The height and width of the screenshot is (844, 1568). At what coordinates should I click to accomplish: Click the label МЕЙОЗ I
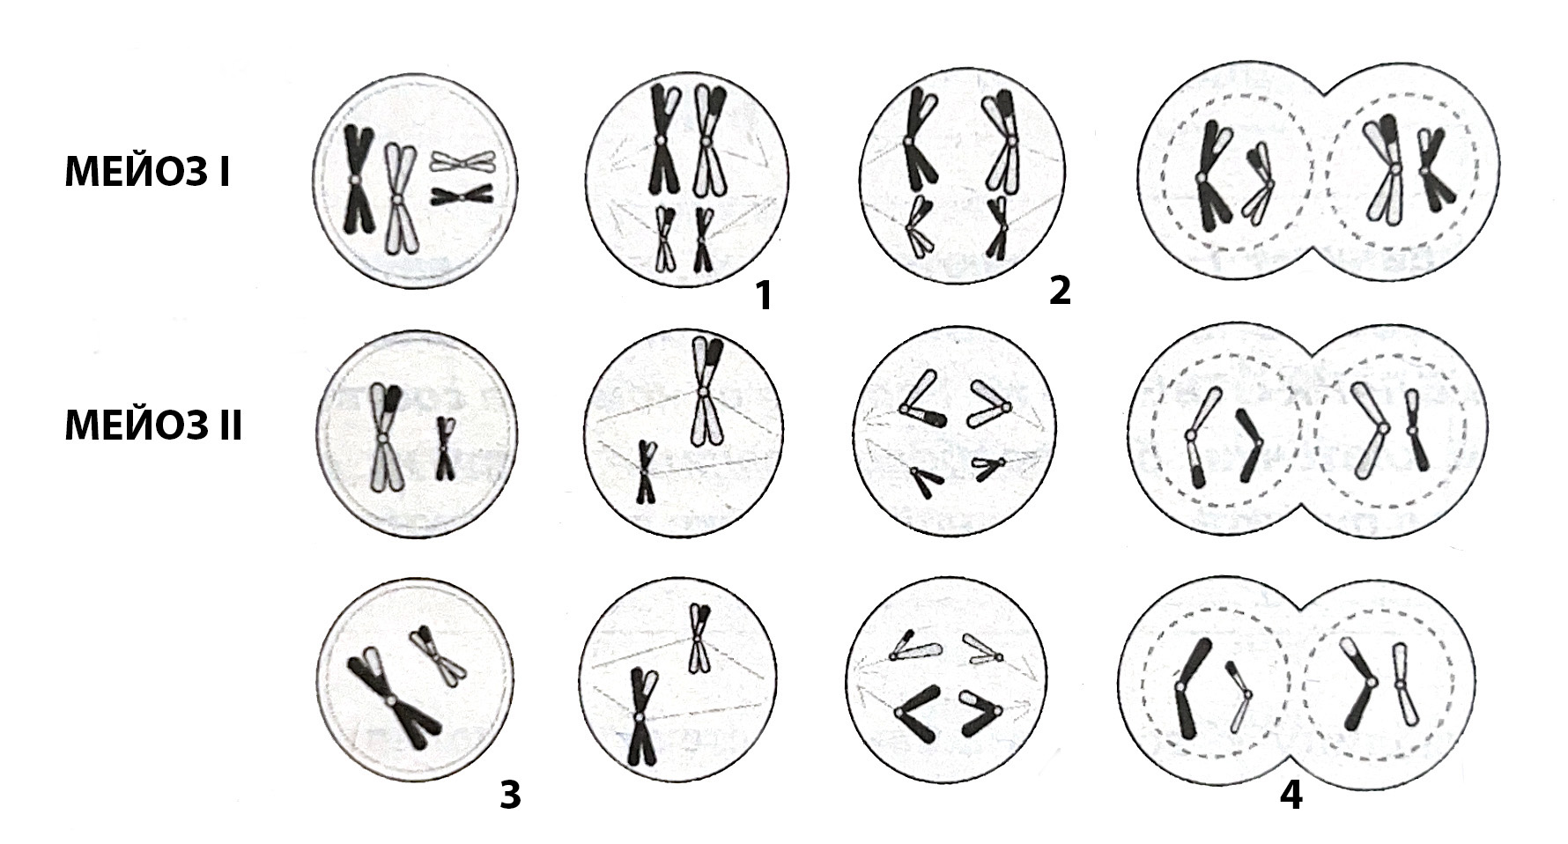pyautogui.click(x=147, y=174)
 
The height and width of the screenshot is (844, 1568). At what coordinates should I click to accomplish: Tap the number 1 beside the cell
pyautogui.click(x=763, y=296)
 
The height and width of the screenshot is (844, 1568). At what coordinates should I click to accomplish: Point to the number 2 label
pyautogui.click(x=1060, y=290)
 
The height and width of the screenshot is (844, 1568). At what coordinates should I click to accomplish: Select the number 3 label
pyautogui.click(x=510, y=795)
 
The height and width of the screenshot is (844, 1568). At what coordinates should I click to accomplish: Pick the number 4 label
pyautogui.click(x=1291, y=796)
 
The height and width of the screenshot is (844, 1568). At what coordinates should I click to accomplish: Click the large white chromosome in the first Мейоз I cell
pyautogui.click(x=399, y=200)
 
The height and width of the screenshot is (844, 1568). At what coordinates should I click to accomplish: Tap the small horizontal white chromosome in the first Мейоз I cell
pyautogui.click(x=462, y=161)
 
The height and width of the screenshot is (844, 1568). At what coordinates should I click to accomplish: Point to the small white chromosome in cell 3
pyautogui.click(x=437, y=655)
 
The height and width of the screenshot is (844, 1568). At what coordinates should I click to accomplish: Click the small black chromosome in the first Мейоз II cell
pyautogui.click(x=446, y=448)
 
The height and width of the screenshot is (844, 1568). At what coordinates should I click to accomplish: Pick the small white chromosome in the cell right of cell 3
pyautogui.click(x=699, y=636)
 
